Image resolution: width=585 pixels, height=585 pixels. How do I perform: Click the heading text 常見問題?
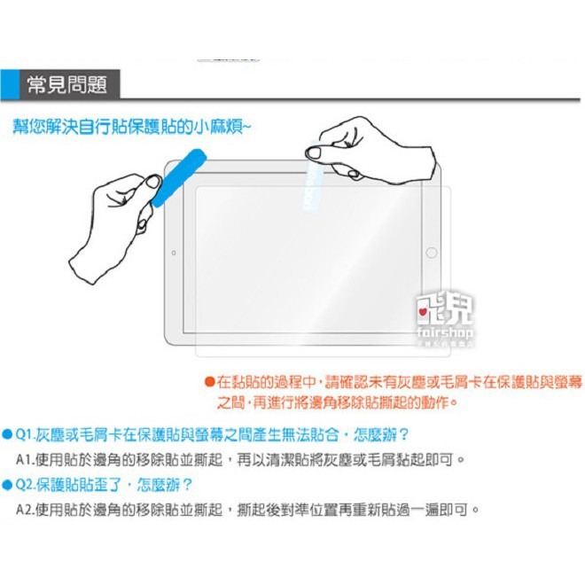80,85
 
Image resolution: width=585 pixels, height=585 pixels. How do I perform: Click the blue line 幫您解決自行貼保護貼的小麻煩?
131,127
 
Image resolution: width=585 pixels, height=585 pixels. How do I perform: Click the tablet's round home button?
432,253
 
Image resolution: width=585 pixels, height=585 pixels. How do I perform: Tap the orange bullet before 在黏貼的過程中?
209,382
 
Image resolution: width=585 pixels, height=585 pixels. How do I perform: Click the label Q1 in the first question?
25,434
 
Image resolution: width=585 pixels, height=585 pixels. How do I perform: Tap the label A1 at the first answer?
26,460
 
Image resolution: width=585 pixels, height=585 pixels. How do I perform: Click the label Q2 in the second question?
25,485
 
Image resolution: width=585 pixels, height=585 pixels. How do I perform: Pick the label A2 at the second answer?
26,511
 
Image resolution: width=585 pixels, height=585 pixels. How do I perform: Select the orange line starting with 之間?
337,402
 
